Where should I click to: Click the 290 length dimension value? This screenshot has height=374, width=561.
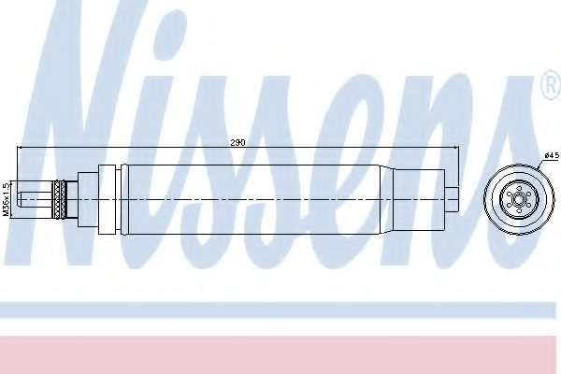[237, 142]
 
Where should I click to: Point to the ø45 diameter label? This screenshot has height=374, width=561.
[551, 155]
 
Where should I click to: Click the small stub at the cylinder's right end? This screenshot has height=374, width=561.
[453, 198]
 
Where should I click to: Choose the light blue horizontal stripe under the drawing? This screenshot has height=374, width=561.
[280, 309]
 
